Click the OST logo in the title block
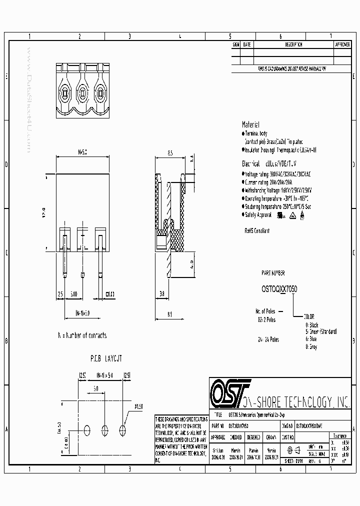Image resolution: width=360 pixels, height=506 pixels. click(229, 391)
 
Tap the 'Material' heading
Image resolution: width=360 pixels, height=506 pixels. click(250, 124)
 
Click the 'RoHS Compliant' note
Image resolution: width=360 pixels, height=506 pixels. click(256, 231)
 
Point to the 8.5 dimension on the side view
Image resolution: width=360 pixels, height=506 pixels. click(170, 153)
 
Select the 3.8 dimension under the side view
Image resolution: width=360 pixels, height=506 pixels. click(162, 294)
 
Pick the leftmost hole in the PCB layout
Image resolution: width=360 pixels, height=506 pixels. click(87, 429)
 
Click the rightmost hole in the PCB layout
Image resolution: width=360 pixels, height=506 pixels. click(122, 429)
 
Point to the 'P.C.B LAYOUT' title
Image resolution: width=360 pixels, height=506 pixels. click(106, 358)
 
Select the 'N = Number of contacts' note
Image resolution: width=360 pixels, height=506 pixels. click(82, 335)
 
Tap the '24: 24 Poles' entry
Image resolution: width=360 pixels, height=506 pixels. click(268, 339)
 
